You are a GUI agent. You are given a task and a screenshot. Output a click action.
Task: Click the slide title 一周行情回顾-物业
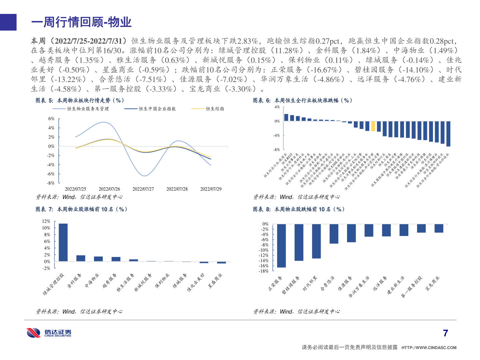click(81, 22)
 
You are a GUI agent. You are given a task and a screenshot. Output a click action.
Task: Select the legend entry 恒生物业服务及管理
click(88, 109)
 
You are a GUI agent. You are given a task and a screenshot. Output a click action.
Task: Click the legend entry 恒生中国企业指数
click(157, 109)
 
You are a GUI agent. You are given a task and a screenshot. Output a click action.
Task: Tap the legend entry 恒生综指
click(215, 109)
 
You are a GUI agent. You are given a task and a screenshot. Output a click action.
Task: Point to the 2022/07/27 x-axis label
click(143, 189)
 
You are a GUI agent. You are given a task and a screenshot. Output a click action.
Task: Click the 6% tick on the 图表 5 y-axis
click(51, 119)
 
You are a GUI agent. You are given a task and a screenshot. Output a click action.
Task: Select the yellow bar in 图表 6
click(373, 126)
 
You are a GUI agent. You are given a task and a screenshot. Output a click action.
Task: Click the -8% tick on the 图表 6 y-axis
click(277, 150)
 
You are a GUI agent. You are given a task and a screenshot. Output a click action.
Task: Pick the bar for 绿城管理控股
click(63, 242)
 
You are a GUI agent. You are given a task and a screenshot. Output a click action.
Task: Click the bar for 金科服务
click(81, 258)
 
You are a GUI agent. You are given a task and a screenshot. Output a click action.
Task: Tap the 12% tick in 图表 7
click(46, 221)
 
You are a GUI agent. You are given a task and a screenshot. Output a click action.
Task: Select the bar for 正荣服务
click(281, 246)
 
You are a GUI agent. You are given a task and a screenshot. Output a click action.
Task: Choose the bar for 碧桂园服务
click(299, 242)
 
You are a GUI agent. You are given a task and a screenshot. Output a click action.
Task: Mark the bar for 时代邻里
click(316, 241)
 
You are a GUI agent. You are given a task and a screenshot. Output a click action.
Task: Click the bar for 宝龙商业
click(439, 228)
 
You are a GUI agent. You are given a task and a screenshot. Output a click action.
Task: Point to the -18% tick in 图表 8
click(264, 271)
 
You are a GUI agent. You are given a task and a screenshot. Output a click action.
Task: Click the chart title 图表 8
click(298, 209)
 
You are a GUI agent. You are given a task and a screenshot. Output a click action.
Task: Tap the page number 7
click(445, 333)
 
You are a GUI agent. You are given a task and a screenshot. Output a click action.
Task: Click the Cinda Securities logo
click(49, 333)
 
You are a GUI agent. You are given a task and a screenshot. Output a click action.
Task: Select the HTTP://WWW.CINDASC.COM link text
click(429, 348)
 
